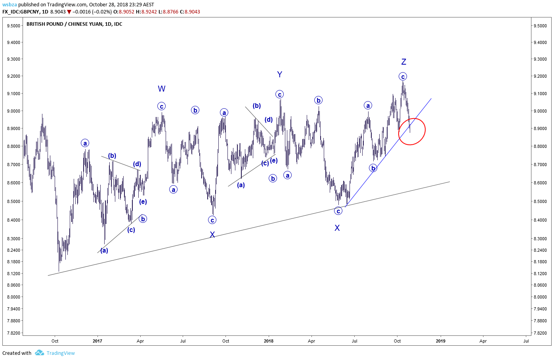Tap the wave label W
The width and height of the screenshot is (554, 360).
tap(162, 88)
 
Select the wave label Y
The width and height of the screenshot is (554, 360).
tap(279, 74)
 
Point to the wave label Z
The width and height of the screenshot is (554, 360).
tap(403, 61)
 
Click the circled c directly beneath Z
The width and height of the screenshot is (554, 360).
tap(403, 77)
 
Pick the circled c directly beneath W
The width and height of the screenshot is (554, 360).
tap(161, 106)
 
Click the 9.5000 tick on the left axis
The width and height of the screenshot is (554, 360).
tap(13, 26)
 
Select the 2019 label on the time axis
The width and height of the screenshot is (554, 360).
tap(441, 341)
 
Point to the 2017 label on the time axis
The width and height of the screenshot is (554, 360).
tap(97, 341)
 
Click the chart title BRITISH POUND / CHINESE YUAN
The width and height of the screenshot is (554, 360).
tap(64, 24)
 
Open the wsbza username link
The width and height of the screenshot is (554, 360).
tap(10, 5)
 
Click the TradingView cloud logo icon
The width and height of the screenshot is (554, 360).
tap(39, 352)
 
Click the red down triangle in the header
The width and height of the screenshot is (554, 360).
tap(69, 12)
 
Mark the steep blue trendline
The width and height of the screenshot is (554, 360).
tap(388, 152)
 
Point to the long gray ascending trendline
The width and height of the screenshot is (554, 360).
tap(248, 229)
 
